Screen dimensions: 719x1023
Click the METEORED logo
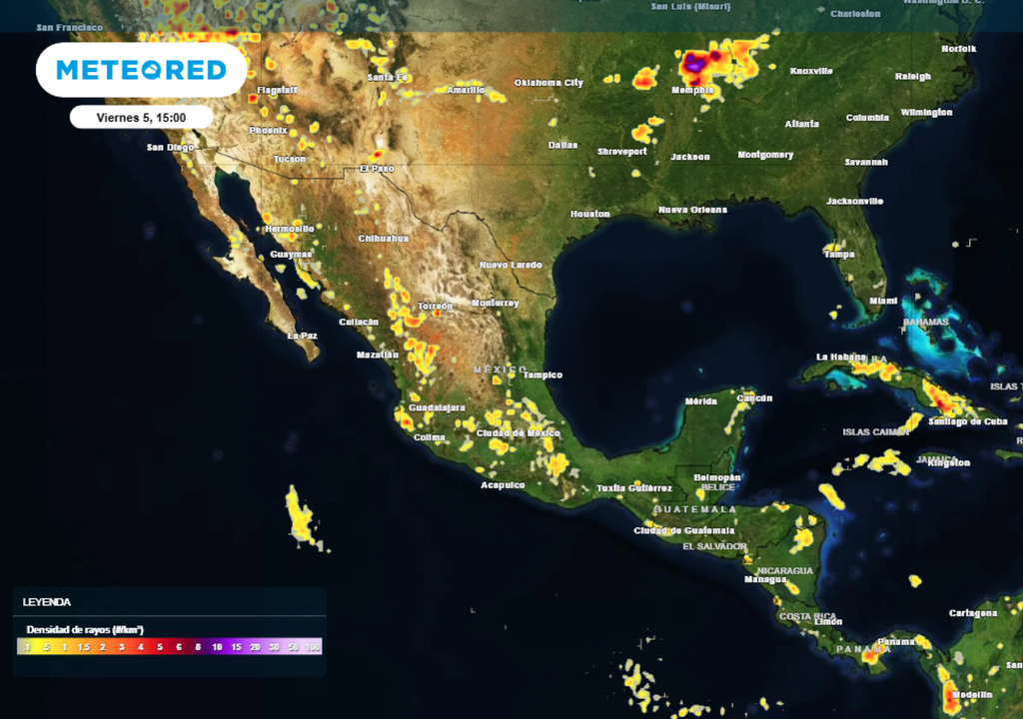pos(141,70)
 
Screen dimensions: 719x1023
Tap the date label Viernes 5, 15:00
pos(141,117)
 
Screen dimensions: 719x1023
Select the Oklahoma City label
pos(548,83)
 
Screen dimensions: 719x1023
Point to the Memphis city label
pos(691,90)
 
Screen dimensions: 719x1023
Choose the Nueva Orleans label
pos(692,210)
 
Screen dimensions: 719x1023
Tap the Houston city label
pos(589,214)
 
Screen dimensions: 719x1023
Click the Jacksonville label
pos(854,201)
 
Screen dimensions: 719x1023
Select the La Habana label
pos(837,357)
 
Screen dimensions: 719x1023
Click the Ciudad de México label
pos(518,432)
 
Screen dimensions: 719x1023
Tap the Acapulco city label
pos(503,485)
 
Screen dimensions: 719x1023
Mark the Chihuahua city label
pos(384,239)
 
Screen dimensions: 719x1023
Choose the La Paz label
pos(302,336)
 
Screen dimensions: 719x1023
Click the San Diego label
pos(170,147)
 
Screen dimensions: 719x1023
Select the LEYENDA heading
pos(47,602)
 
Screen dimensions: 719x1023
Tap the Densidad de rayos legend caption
pos(85,630)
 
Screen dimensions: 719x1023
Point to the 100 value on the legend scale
pos(313,647)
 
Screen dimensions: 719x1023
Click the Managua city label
pos(764,578)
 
